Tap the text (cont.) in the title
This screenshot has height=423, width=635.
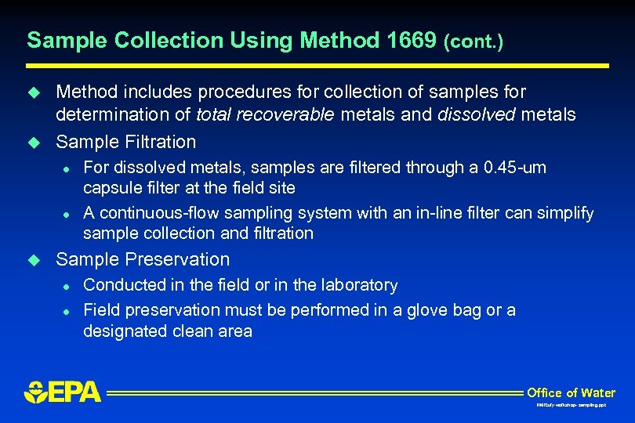[x=473, y=42]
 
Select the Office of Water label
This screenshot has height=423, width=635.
[x=571, y=392]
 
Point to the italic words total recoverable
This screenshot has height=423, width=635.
[x=265, y=115]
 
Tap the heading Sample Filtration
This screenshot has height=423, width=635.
[x=125, y=142]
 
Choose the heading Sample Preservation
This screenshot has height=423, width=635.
[x=143, y=259]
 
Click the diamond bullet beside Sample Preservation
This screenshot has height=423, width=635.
[x=34, y=260]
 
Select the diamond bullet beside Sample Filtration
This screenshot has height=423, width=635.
[x=34, y=143]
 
